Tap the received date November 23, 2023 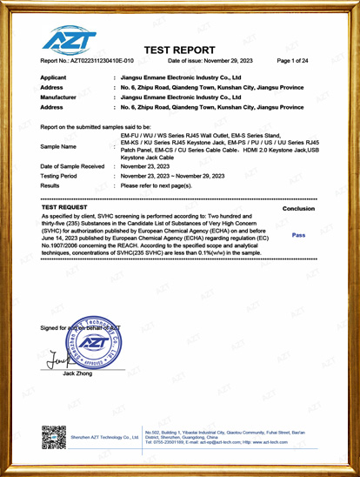pos(150,165)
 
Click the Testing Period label pos(63,176)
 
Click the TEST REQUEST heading pos(64,209)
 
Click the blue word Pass pos(298,235)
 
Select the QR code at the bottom pos(53,437)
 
